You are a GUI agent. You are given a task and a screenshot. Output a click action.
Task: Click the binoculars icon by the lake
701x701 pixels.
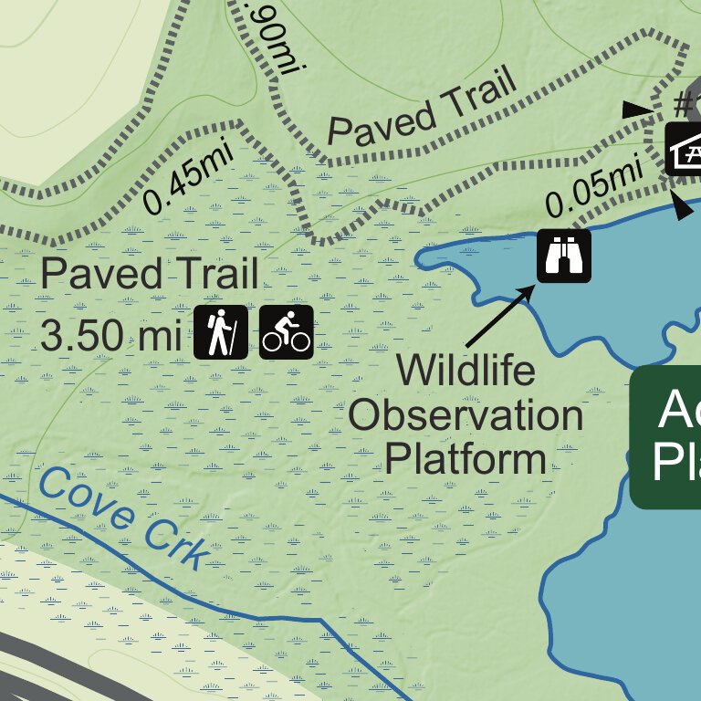click(563, 255)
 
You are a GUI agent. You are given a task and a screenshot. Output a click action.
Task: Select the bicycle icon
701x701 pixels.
click(287, 332)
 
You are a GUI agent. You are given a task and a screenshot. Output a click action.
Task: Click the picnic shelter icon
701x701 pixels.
click(685, 149)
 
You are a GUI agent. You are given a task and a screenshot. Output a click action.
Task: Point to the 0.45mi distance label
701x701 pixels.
click(189, 178)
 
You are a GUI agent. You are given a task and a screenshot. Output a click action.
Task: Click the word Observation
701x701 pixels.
click(466, 416)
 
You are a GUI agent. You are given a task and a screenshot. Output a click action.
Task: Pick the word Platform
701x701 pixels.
click(466, 458)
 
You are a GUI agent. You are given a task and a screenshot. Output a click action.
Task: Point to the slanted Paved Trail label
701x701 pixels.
click(423, 108)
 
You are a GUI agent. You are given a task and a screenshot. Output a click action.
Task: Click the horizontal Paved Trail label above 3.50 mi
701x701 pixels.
click(150, 274)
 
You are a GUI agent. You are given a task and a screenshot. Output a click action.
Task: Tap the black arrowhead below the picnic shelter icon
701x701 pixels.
click(683, 208)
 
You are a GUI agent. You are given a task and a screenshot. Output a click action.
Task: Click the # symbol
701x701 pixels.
click(683, 103)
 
